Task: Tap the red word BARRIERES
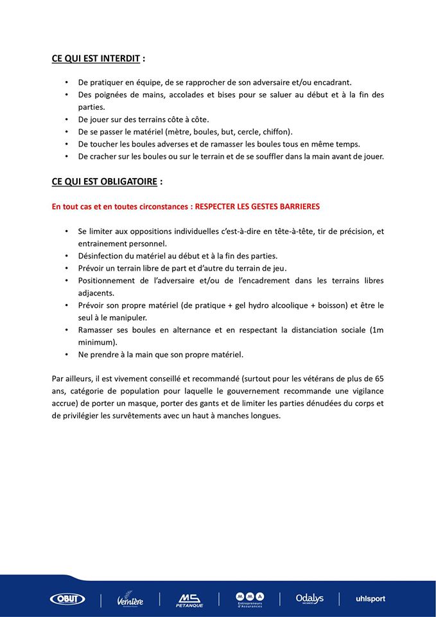pos(295,207)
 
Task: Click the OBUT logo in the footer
pos(67,599)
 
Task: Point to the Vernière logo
pos(130,600)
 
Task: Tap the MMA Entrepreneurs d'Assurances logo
pos(250,599)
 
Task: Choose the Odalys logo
pos(310,599)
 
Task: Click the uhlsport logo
pos(371,599)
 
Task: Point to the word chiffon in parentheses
pos(275,131)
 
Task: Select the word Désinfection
pos(102,255)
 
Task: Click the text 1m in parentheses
pos(378,330)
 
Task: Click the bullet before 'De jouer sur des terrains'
pos(67,119)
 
